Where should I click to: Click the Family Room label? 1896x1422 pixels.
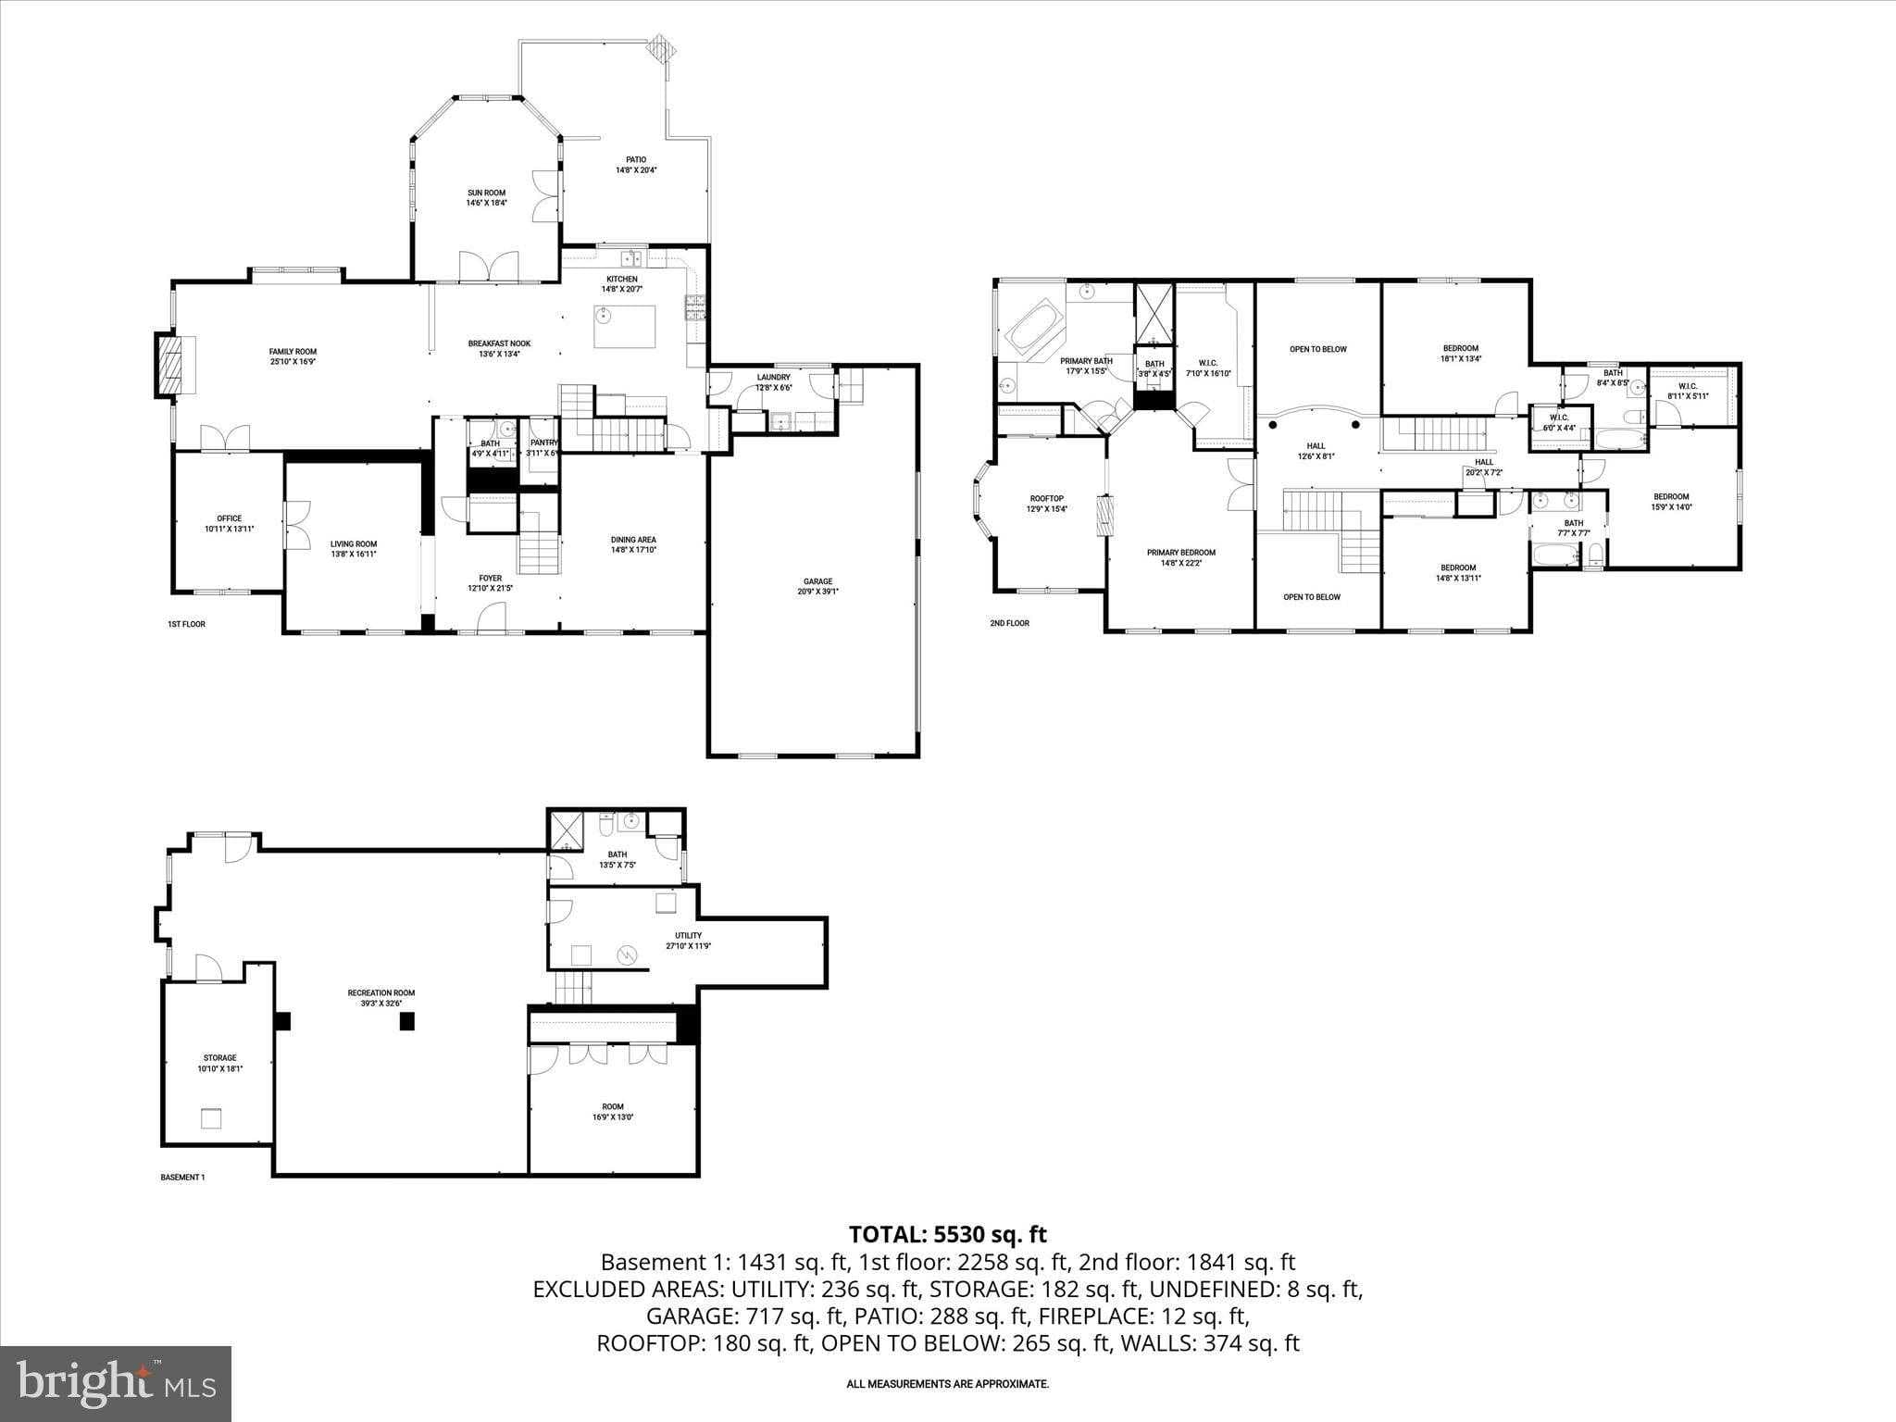[x=293, y=356]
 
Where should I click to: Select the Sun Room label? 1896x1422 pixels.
[x=486, y=197]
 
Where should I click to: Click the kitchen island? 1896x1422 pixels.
[x=624, y=326]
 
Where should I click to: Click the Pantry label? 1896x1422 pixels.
[x=543, y=447]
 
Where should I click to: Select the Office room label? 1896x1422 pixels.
[x=229, y=523]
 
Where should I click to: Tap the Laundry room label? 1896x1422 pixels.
[x=773, y=381]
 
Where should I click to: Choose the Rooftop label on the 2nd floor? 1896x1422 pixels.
[x=1047, y=503]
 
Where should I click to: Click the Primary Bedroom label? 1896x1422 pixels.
[x=1180, y=557]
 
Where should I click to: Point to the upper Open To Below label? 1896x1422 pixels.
[x=1317, y=349]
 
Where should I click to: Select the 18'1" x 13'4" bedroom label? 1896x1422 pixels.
[x=1460, y=353]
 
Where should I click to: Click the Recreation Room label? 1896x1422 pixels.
[x=388, y=997]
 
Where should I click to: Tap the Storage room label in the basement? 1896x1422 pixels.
[x=219, y=1062]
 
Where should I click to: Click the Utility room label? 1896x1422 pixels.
[x=688, y=940]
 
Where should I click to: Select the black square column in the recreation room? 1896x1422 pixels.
[x=406, y=1021]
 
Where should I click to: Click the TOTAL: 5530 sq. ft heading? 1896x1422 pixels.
[x=947, y=1234]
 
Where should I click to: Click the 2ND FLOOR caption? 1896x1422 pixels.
[x=1009, y=623]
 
